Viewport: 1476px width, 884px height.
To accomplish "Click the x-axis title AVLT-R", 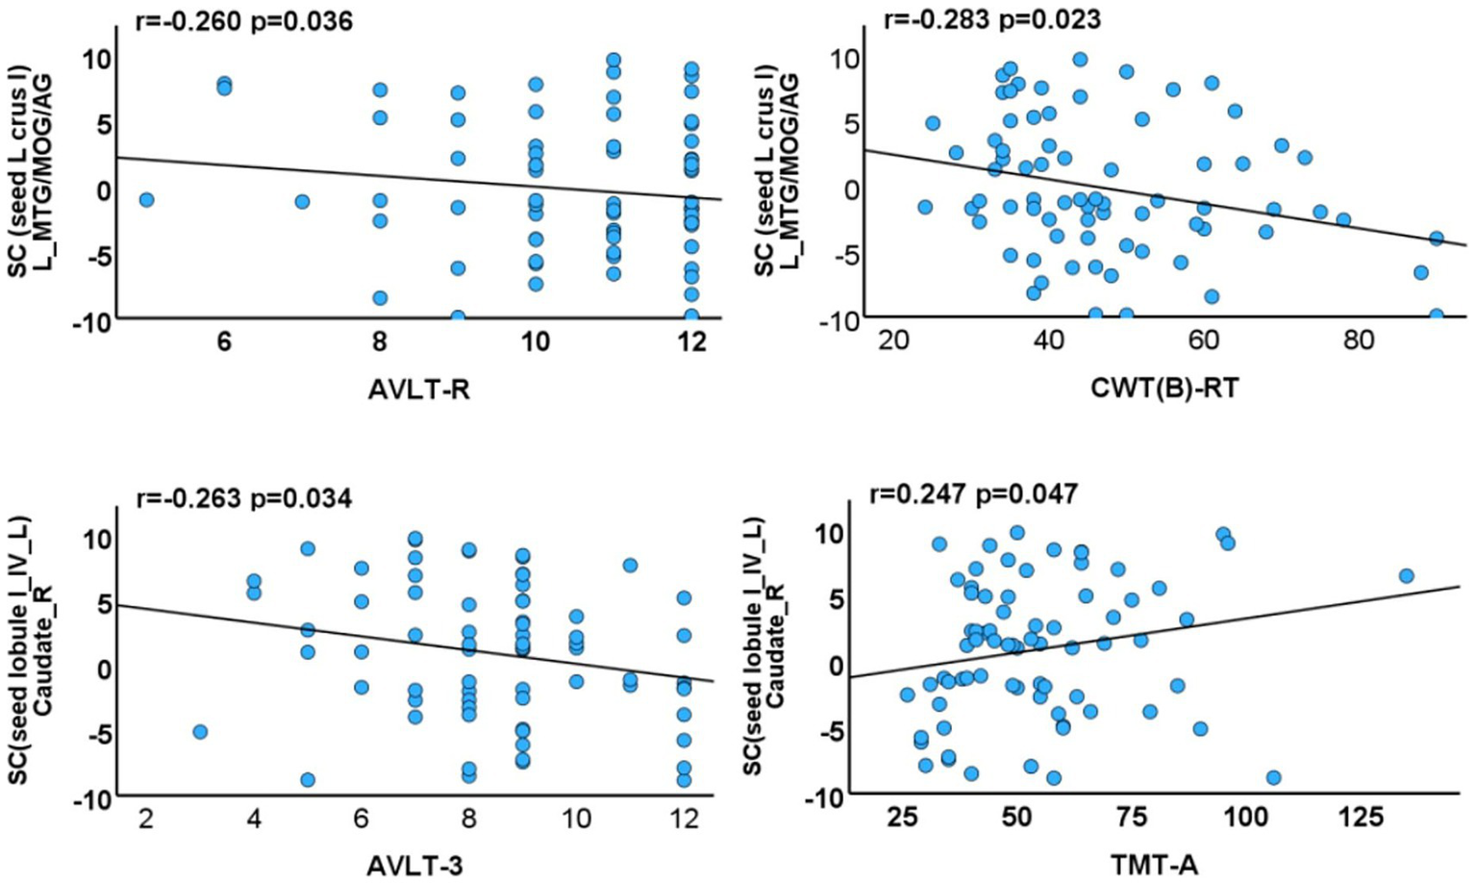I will pos(418,391).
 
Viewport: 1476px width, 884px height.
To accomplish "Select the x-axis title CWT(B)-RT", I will pos(1164,389).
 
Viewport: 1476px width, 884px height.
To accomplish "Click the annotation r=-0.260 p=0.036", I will pos(244,20).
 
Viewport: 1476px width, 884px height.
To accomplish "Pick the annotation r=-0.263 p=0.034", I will pos(243,497).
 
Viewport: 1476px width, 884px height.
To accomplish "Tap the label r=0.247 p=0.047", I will pos(973,494).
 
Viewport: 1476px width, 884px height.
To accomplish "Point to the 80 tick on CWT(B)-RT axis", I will pos(1359,341).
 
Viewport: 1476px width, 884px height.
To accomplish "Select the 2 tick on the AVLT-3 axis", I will pos(146,819).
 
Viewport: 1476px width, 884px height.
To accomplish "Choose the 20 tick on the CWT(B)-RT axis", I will pos(893,341).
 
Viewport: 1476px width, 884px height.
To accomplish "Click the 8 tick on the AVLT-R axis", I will pos(380,341).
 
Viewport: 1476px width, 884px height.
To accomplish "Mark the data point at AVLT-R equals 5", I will pos(146,200).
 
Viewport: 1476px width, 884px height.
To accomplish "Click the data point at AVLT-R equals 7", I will pos(302,201).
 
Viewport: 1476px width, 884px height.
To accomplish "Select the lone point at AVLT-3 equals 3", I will pos(200,732).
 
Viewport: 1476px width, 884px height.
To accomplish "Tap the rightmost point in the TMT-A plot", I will pos(1406,575).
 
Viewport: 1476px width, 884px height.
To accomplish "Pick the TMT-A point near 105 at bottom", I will pos(1274,777).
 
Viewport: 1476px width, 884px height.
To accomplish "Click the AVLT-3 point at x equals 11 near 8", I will pos(630,566).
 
